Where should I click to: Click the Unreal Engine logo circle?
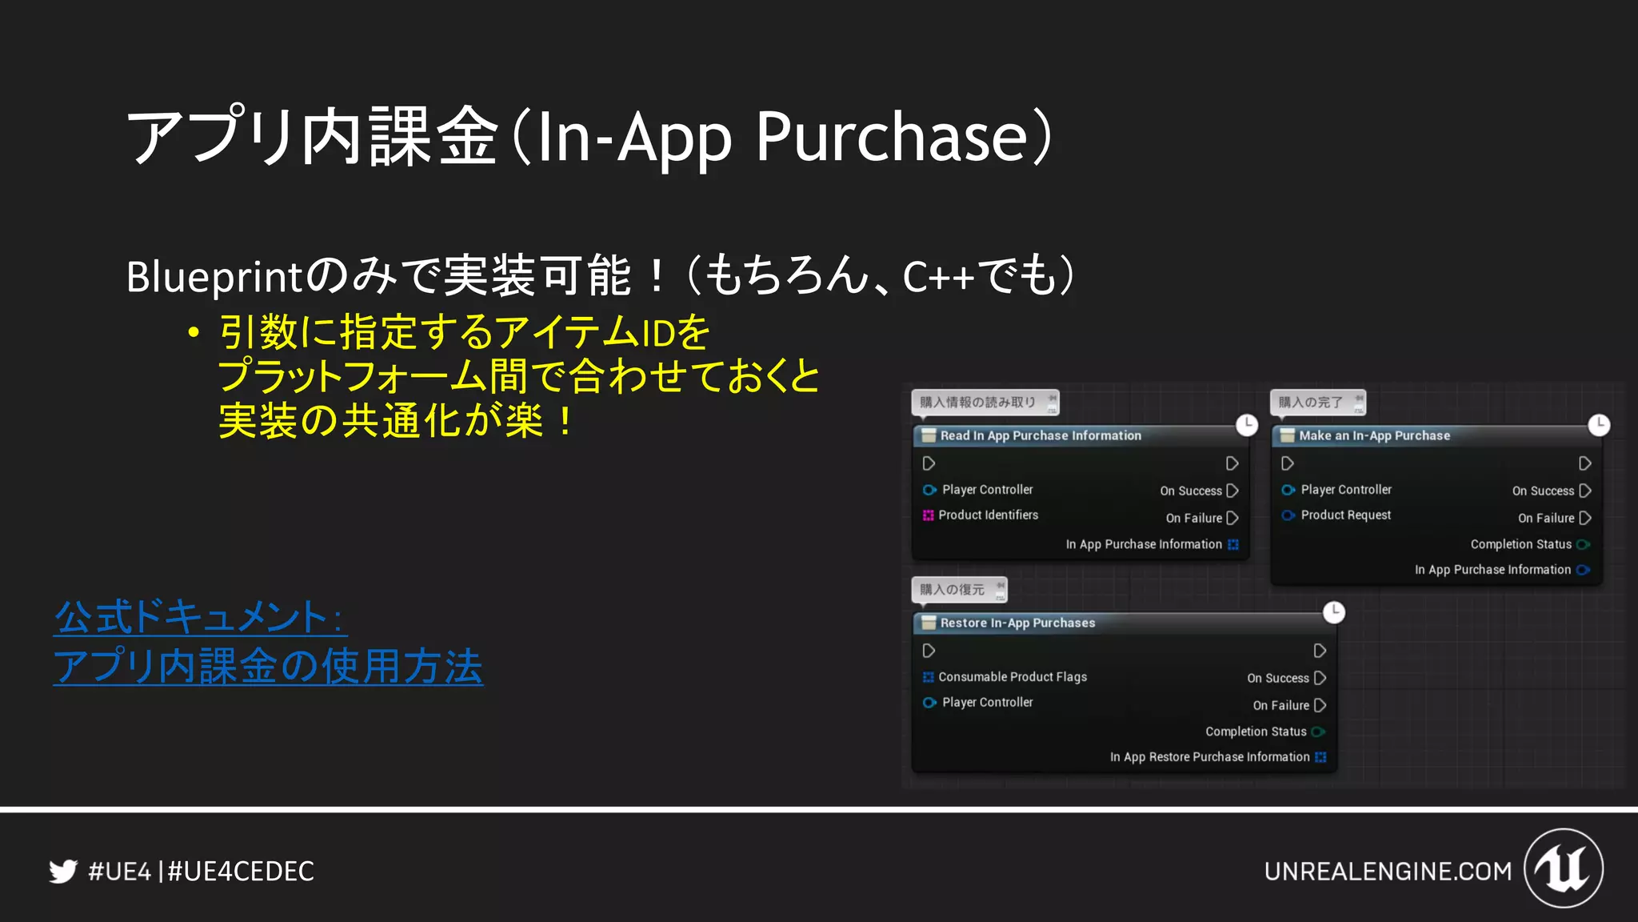pyautogui.click(x=1564, y=868)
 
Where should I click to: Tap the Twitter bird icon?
pyautogui.click(x=63, y=871)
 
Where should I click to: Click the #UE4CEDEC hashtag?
pyautogui.click(x=241, y=871)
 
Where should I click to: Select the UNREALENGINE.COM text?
pyautogui.click(x=1388, y=871)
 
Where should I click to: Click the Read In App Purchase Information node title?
pyautogui.click(x=1041, y=435)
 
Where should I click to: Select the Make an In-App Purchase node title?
pyautogui.click(x=1374, y=435)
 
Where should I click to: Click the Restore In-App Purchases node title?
pyautogui.click(x=1017, y=623)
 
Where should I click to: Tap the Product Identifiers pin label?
pyautogui.click(x=988, y=515)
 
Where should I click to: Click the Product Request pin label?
pyautogui.click(x=1345, y=515)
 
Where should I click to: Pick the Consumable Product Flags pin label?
pyautogui.click(x=1012, y=677)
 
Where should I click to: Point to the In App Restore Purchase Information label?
pyautogui.click(x=1209, y=757)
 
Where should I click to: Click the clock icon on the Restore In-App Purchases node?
pyautogui.click(x=1334, y=612)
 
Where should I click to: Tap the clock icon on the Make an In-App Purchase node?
pyautogui.click(x=1598, y=425)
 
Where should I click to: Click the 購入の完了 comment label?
pyautogui.click(x=1310, y=402)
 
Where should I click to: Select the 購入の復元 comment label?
pyautogui.click(x=952, y=590)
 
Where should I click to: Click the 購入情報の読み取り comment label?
pyautogui.click(x=977, y=402)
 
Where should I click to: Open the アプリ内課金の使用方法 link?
pyautogui.click(x=268, y=666)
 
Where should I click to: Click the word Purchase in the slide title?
pyautogui.click(x=891, y=137)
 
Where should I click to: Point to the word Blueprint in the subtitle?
pyautogui.click(x=214, y=277)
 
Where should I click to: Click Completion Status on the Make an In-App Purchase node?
pyautogui.click(x=1520, y=544)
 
